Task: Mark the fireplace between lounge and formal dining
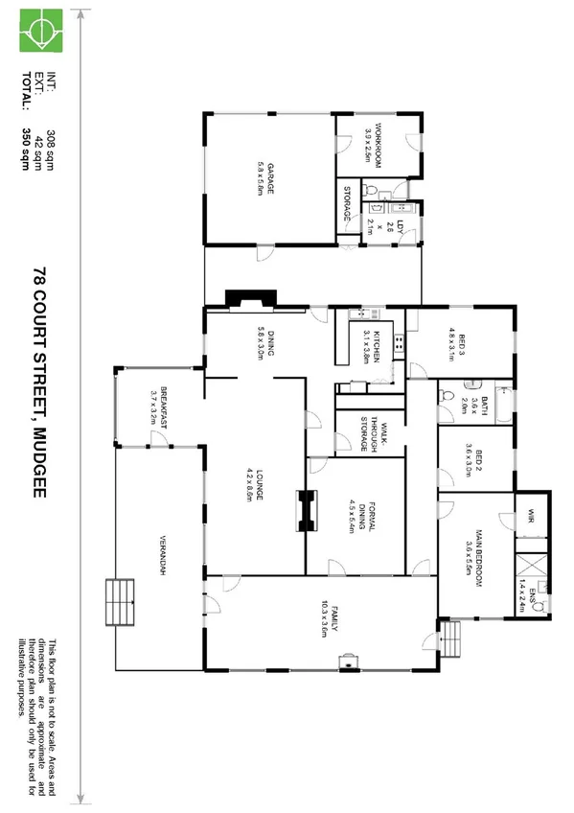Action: tap(307, 511)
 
